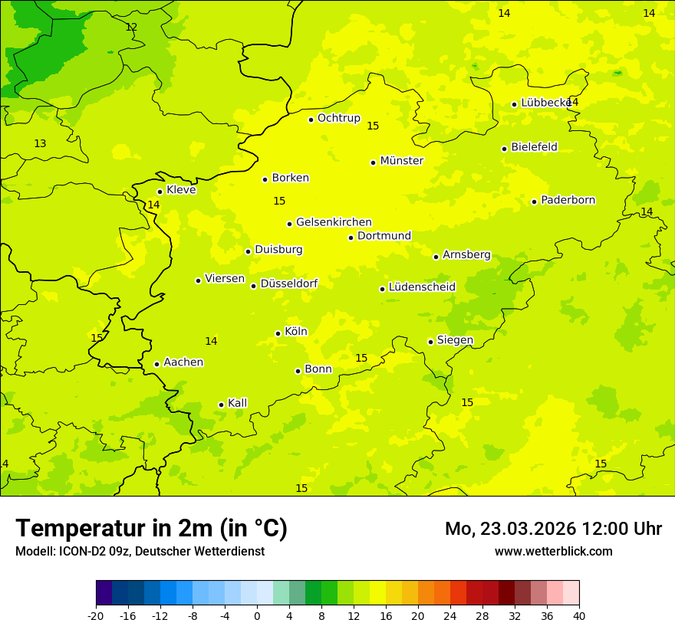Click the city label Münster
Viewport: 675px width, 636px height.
(401, 161)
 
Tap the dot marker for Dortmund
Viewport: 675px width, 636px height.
(351, 238)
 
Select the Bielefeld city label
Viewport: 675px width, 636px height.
(534, 147)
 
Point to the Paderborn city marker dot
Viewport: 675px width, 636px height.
(534, 202)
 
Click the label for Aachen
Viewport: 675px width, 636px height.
(183, 362)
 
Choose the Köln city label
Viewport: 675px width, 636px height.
(295, 332)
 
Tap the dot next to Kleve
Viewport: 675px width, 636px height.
(160, 192)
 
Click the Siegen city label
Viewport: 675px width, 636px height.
(455, 340)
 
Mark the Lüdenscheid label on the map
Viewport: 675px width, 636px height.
(422, 287)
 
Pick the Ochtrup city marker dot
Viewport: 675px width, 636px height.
(311, 120)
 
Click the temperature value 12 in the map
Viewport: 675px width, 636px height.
(131, 27)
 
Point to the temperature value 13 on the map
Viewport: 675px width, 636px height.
(40, 143)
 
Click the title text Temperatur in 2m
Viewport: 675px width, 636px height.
(151, 529)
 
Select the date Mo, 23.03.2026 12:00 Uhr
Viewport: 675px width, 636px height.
(553, 529)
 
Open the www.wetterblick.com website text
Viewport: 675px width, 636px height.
(553, 552)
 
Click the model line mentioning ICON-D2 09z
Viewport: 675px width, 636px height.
(140, 552)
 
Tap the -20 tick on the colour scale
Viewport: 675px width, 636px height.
(96, 616)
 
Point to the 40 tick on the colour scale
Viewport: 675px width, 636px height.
(579, 616)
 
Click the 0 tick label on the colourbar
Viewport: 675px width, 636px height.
(257, 616)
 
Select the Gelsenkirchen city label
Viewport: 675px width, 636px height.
(334, 222)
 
